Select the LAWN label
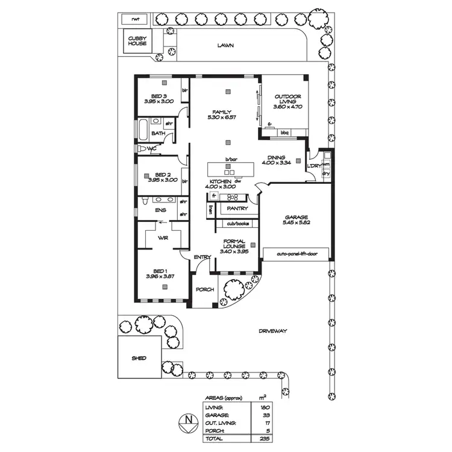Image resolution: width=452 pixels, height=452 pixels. tap(226, 45)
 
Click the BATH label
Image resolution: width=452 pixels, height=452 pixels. tap(159, 133)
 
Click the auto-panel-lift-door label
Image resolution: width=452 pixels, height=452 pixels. tap(297, 254)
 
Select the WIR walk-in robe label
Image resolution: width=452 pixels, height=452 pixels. tap(163, 238)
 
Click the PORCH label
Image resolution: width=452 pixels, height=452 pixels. tap(205, 289)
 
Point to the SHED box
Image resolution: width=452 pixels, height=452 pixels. tap(139, 358)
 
